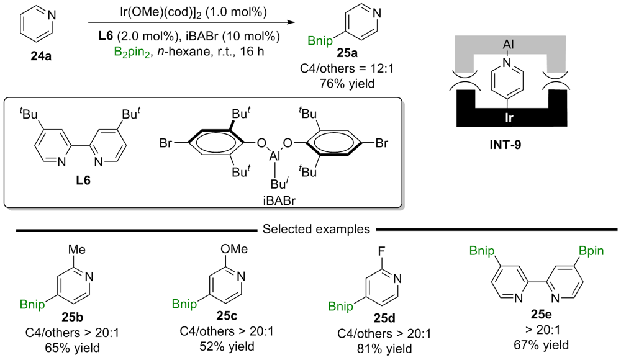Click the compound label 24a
coord(42,57)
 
